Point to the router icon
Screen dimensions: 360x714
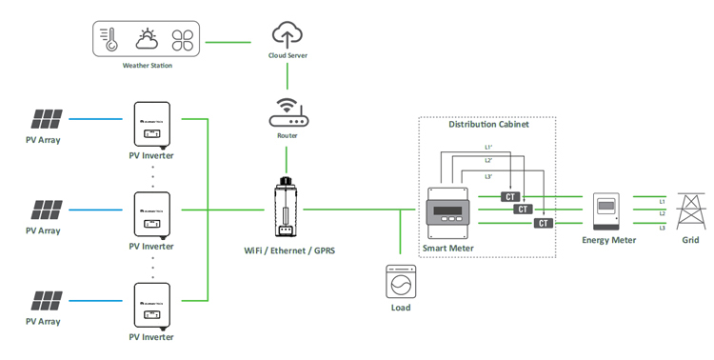tap(287, 115)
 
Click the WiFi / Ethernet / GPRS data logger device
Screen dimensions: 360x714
tap(284, 209)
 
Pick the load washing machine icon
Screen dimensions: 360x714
tap(401, 283)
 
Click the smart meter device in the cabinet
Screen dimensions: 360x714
tap(447, 212)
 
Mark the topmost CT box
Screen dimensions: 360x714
tap(511, 197)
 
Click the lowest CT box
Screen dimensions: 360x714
tap(543, 223)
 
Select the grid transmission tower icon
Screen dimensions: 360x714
tap(689, 211)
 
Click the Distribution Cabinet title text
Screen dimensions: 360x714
tap(488, 125)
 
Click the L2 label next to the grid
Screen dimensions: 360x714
tap(662, 214)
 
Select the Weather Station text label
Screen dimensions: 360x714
tap(148, 66)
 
